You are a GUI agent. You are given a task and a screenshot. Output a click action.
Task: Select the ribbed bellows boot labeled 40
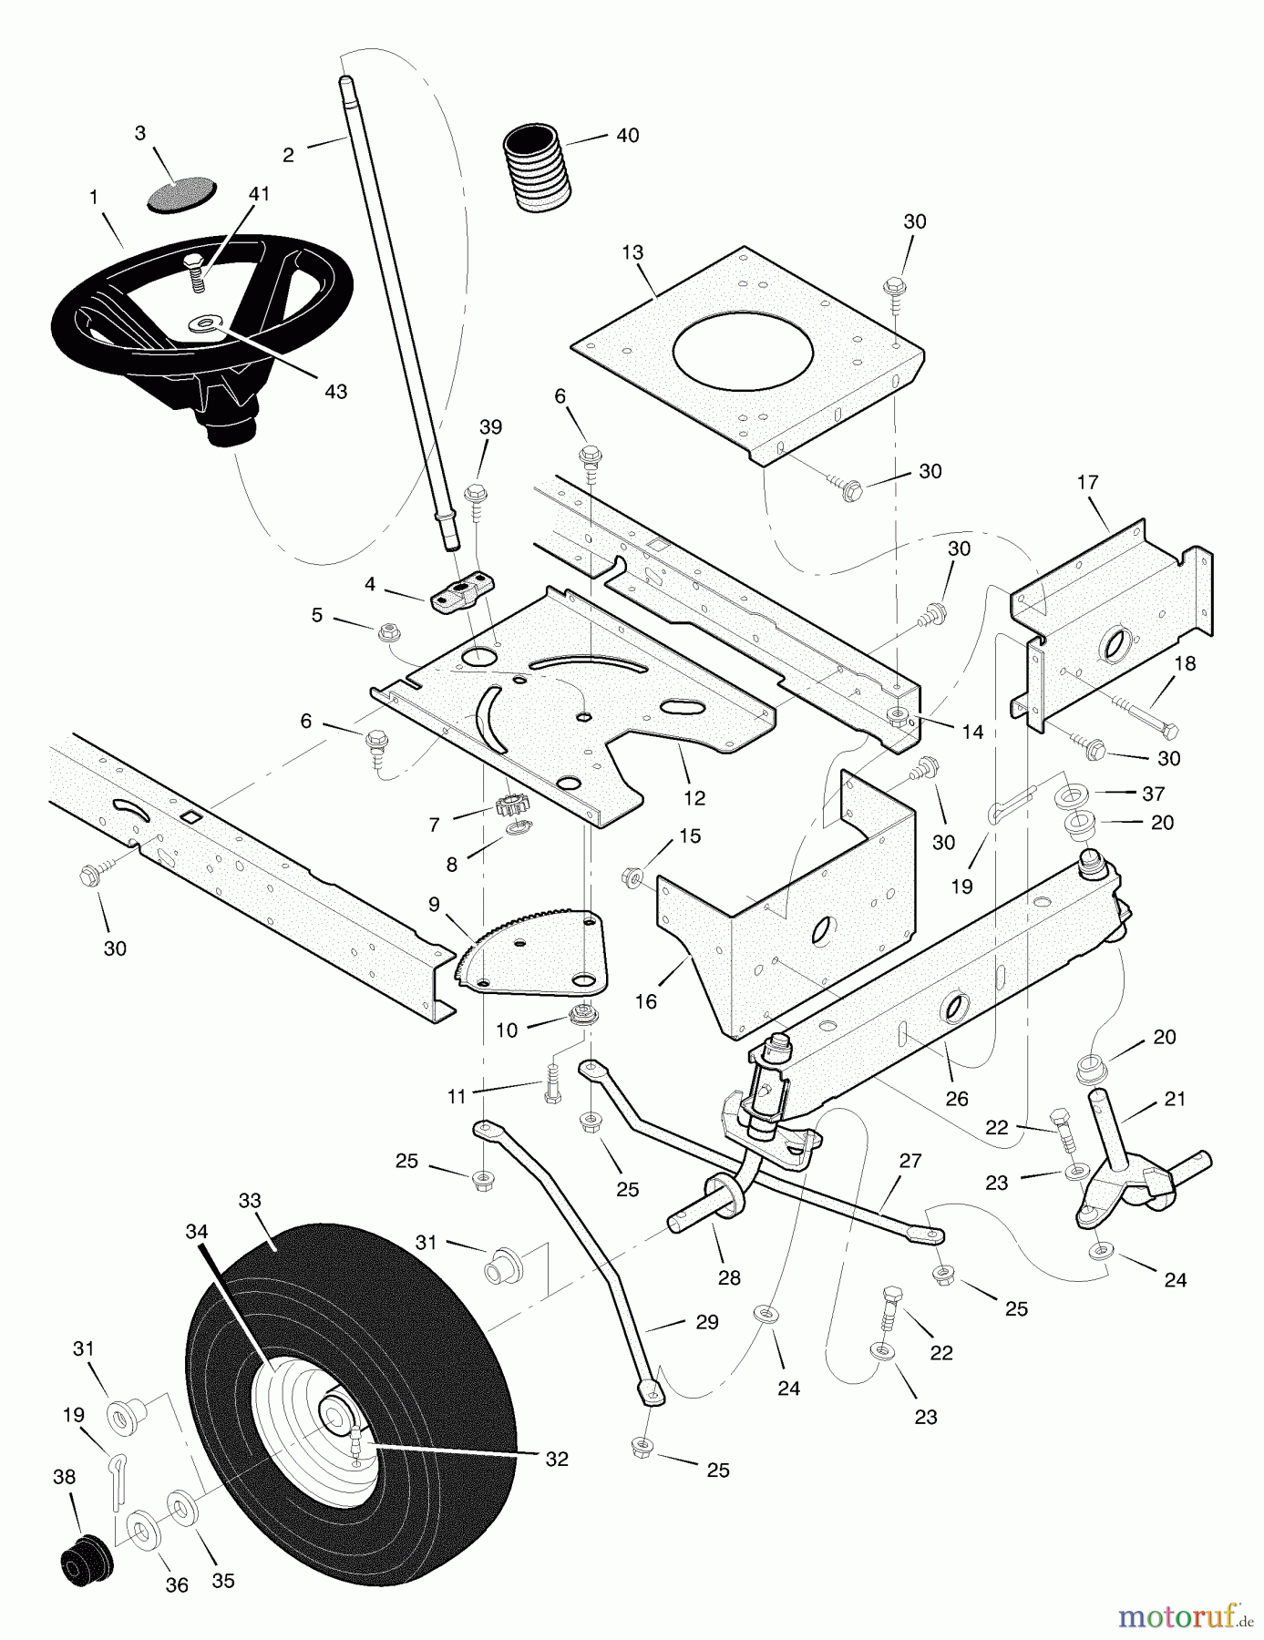pyautogui.click(x=538, y=171)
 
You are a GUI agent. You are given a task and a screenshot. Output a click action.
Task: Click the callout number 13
pyautogui.click(x=632, y=252)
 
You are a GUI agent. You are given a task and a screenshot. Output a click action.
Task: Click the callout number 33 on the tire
pyautogui.click(x=250, y=1200)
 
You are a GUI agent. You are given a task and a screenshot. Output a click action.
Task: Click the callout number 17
pyautogui.click(x=1088, y=482)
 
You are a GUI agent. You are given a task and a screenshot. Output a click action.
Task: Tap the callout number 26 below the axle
pyautogui.click(x=957, y=1099)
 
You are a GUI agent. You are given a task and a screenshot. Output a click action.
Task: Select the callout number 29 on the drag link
pyautogui.click(x=707, y=1321)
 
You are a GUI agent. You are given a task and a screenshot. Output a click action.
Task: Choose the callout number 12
pyautogui.click(x=694, y=798)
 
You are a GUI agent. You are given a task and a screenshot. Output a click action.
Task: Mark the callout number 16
pyautogui.click(x=645, y=1001)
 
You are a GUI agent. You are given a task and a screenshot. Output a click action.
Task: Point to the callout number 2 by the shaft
pyautogui.click(x=288, y=155)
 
